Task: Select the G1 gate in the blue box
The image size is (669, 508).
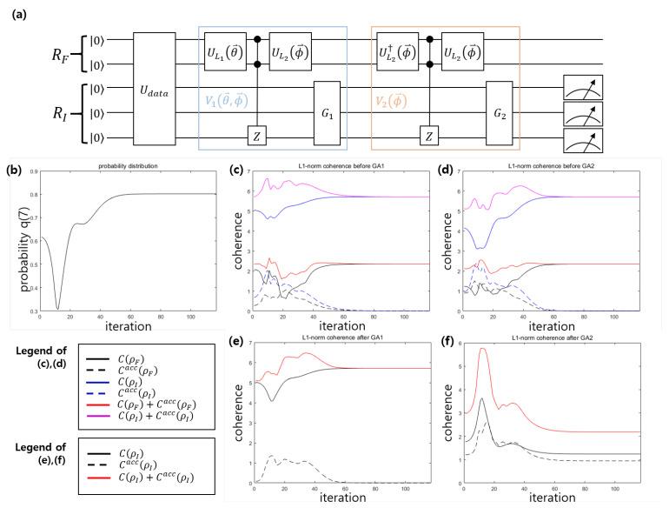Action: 324,111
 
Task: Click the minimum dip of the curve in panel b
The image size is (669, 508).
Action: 58,308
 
